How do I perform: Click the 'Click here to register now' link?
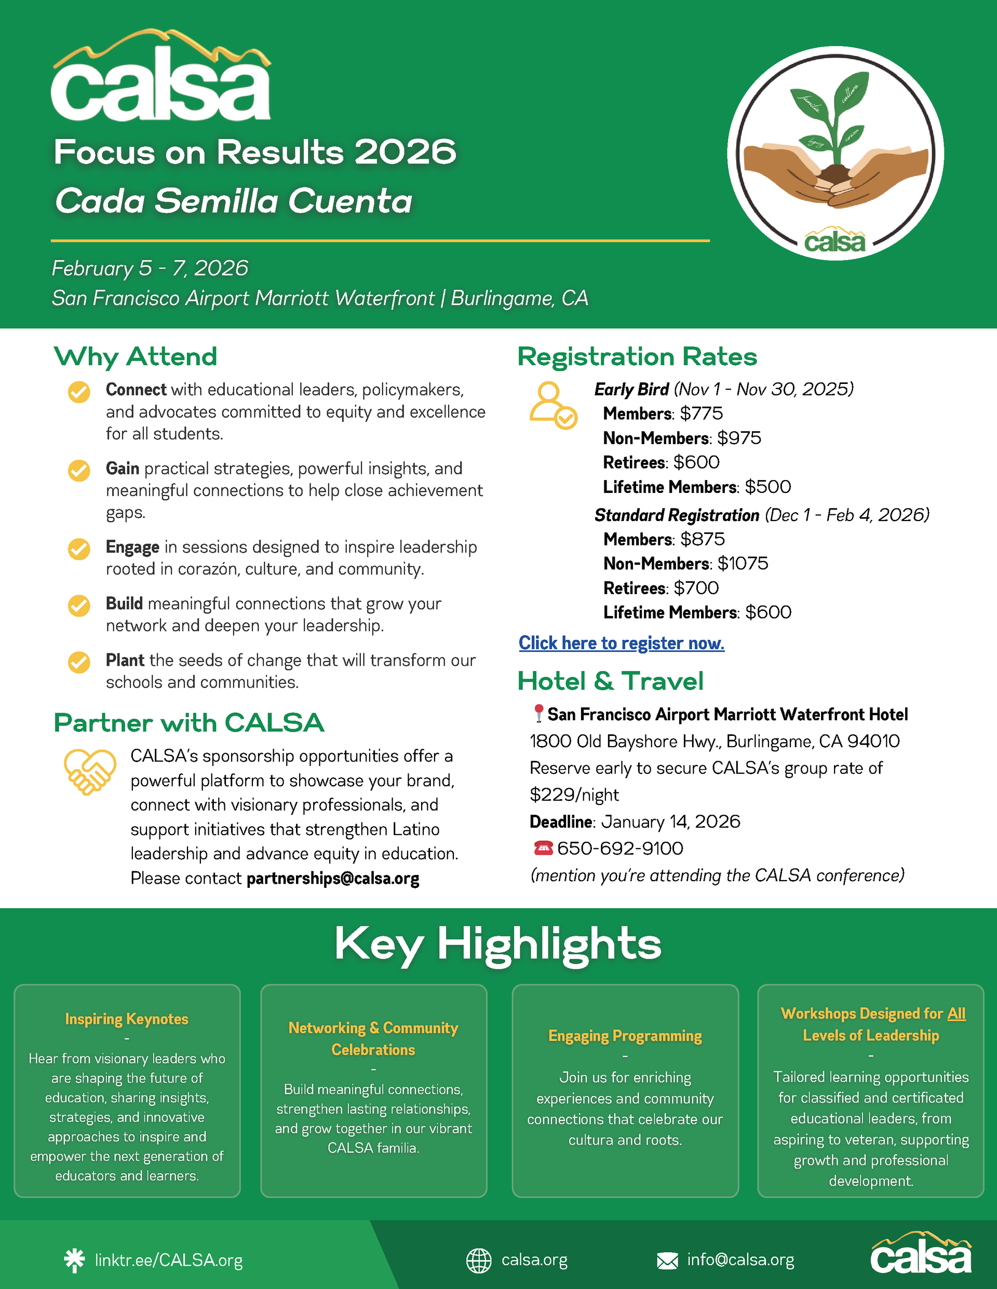622,643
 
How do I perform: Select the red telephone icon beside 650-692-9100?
543,848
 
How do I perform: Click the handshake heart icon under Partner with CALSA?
90,772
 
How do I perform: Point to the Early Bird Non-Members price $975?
739,438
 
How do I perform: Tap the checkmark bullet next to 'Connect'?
79,391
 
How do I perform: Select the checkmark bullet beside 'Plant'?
79,662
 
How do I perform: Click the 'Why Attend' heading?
135,356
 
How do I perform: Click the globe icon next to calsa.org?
478,1260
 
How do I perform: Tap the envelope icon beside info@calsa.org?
667,1260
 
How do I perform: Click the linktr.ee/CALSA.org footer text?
169,1260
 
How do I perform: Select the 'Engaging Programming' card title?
625,1036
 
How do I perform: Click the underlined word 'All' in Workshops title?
956,1013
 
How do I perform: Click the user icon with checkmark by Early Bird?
553,405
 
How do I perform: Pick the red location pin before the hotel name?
538,714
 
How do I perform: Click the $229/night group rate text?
574,795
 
